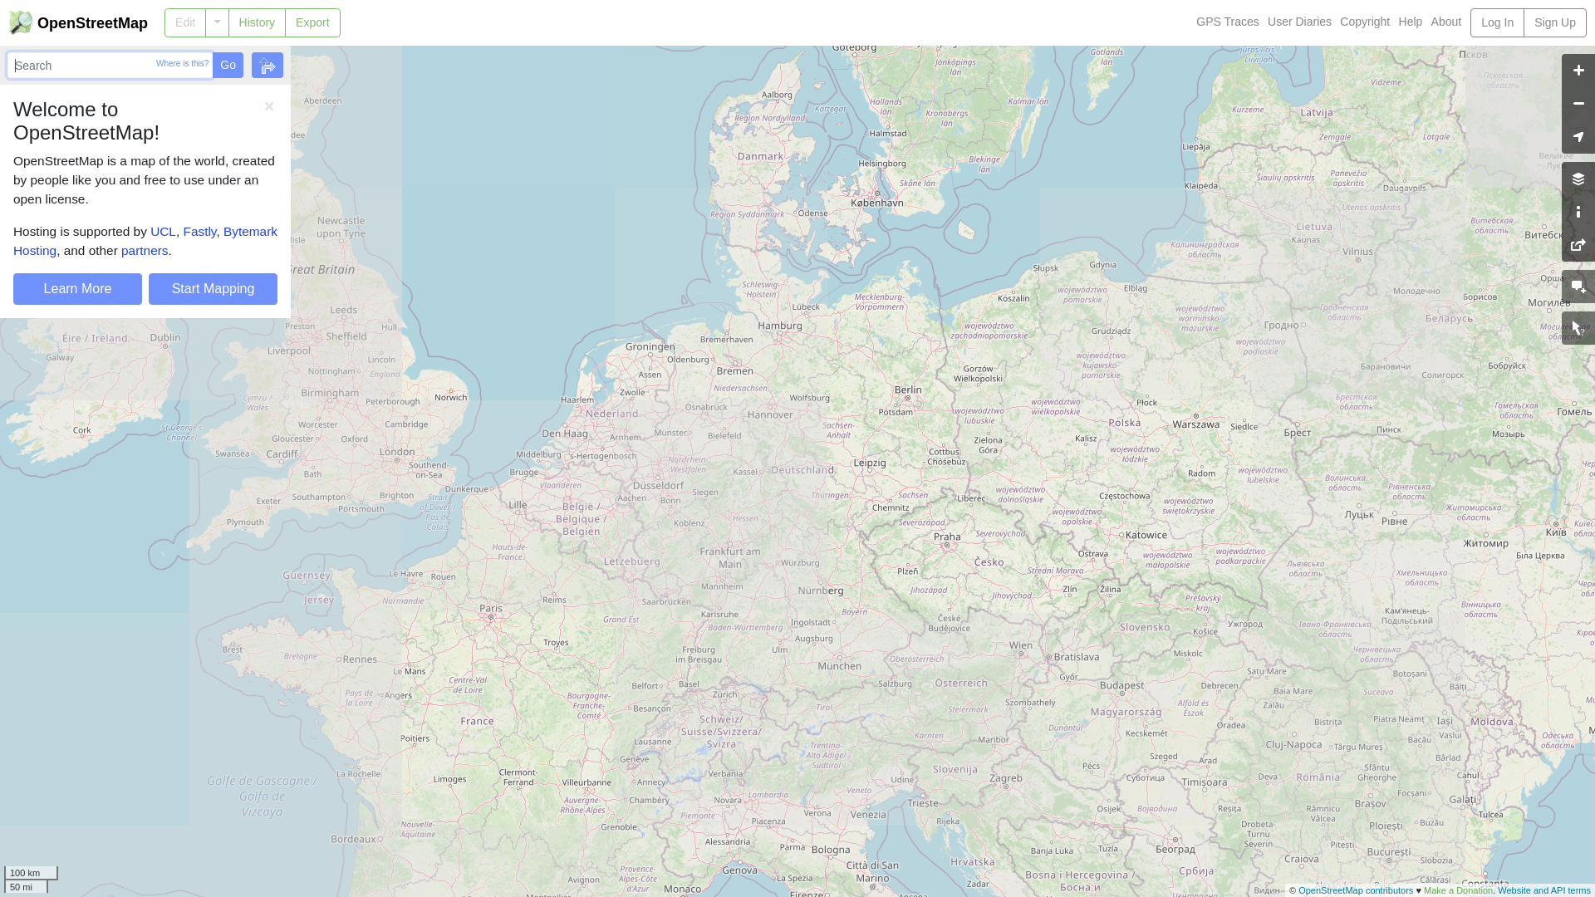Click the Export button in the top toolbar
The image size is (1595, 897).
pyautogui.click(x=312, y=22)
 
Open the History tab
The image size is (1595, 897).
pyautogui.click(x=257, y=22)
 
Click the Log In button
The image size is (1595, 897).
pyautogui.click(x=1496, y=22)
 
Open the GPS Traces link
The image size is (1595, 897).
pyautogui.click(x=1227, y=22)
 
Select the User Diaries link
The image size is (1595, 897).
pyautogui.click(x=1299, y=22)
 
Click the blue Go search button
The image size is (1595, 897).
pyautogui.click(x=228, y=65)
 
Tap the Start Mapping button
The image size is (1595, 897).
pyautogui.click(x=213, y=289)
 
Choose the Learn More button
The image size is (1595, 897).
pyautogui.click(x=77, y=289)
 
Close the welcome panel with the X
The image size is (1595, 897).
pyautogui.click(x=269, y=106)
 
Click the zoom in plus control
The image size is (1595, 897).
pyautogui.click(x=1578, y=71)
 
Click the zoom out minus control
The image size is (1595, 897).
pyautogui.click(x=1578, y=104)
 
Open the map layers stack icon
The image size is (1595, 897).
pyautogui.click(x=1578, y=179)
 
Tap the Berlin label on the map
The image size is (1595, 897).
pyautogui.click(x=908, y=389)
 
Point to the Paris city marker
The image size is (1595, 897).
pyautogui.click(x=491, y=617)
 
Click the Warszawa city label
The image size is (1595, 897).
pyautogui.click(x=1195, y=424)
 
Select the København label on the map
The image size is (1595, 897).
pyautogui.click(x=876, y=202)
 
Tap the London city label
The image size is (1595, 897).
pyautogui.click(x=397, y=452)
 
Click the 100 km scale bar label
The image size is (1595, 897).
pyautogui.click(x=25, y=873)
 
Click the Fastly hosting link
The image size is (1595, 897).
pyautogui.click(x=199, y=232)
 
